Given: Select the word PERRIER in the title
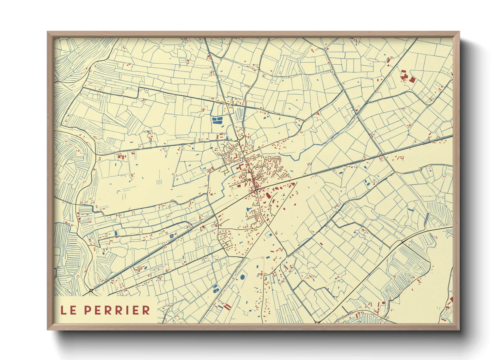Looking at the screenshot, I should pos(117,310).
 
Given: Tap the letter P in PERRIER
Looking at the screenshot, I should pos(87,310).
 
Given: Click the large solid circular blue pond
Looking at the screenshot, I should pos(242,277).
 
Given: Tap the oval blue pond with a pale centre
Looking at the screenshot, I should pos(215,291).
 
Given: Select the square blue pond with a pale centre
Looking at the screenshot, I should pos(171,235).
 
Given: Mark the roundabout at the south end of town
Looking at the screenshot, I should pos(256,189).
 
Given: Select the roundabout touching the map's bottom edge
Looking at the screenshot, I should pos(317,322).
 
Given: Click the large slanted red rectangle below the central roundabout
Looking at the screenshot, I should pos(268,196).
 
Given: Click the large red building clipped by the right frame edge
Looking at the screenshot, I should pos(451,300).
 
